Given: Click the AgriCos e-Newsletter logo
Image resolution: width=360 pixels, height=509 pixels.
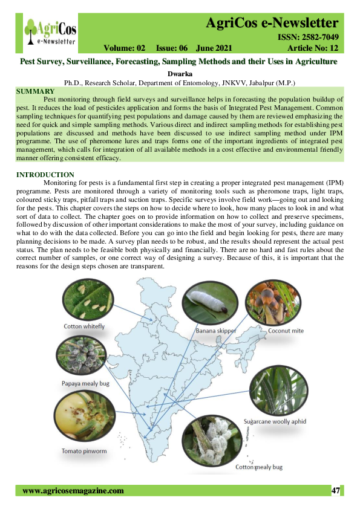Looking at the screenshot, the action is (x=50, y=31).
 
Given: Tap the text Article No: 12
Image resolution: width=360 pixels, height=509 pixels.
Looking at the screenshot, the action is (x=312, y=48).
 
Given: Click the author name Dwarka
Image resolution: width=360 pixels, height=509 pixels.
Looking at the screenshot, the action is (x=180, y=74).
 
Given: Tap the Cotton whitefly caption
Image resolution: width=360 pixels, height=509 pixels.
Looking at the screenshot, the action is (x=85, y=326).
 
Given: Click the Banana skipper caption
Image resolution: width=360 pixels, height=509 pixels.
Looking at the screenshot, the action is (x=215, y=331).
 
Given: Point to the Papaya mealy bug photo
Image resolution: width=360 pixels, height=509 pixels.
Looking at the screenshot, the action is (x=82, y=357).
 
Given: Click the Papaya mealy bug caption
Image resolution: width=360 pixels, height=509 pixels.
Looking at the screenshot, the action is (x=85, y=383).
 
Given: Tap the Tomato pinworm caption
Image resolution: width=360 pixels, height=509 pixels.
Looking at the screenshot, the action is (x=85, y=451).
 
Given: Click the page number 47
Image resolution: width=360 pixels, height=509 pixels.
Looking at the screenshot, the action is (x=336, y=491).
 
